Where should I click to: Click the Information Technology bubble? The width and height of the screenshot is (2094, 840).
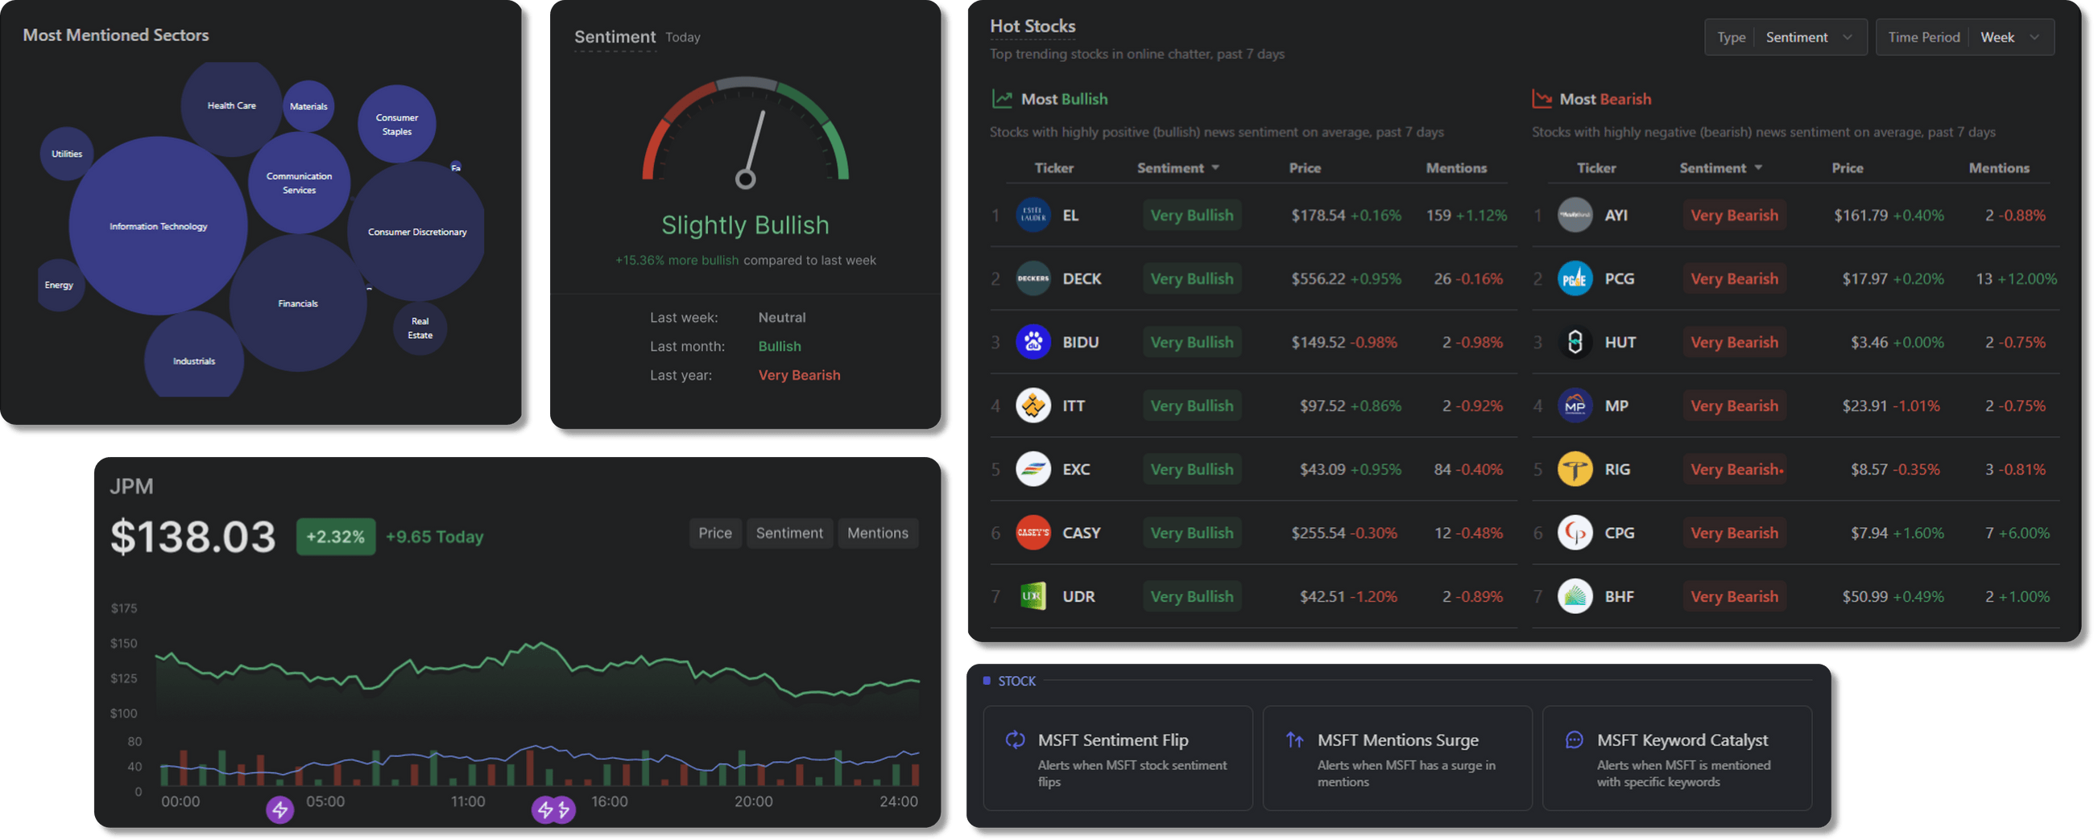point(158,226)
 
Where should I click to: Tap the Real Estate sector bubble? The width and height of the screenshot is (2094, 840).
point(420,328)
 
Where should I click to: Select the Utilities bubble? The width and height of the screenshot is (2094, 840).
point(67,154)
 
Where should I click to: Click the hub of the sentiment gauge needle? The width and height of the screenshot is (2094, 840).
point(745,179)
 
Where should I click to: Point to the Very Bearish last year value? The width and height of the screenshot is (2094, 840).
point(798,375)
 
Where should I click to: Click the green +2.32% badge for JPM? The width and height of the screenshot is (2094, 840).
point(335,536)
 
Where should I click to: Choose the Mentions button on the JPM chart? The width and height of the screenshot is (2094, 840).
point(877,533)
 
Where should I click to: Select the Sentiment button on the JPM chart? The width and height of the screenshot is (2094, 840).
point(788,533)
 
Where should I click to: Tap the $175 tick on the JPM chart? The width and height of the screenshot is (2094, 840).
point(124,608)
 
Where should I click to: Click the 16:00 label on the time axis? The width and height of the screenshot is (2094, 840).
point(609,801)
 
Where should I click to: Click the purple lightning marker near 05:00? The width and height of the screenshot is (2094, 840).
point(279,809)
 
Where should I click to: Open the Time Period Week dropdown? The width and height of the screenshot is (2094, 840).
point(2008,37)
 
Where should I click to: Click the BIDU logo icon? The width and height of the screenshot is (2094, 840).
point(1033,342)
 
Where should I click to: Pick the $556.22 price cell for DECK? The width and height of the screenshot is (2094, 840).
point(1318,278)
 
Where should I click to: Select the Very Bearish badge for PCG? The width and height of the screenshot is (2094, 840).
point(1733,278)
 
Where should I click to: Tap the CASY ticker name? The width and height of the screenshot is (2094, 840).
point(1080,533)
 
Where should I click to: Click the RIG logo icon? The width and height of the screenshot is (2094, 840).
point(1574,470)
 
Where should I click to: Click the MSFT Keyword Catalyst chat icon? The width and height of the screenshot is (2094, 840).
point(1574,740)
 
